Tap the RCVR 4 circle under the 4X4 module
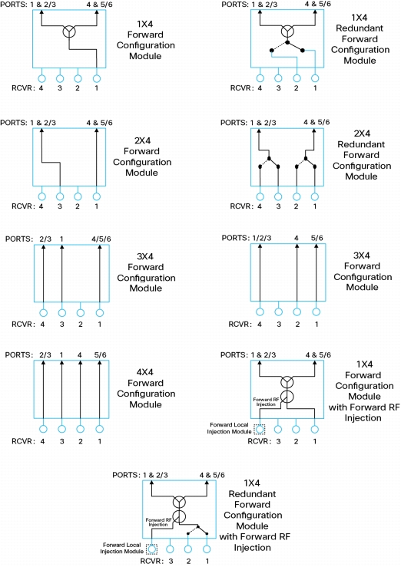(44, 429)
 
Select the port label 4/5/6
(101, 239)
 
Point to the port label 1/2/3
(262, 238)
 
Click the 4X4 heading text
(145, 372)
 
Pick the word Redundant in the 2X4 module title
(361, 144)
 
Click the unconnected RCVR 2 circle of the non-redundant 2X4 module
(78, 196)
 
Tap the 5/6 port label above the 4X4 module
(100, 355)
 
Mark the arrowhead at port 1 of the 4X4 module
(62, 362)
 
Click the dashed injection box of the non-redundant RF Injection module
(260, 429)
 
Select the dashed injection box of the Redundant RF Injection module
(151, 549)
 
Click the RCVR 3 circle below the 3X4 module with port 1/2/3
(279, 312)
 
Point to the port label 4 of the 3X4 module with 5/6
(297, 238)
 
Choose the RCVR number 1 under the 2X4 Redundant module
(315, 206)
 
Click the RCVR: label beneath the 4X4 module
(23, 441)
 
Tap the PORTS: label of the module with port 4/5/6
(19, 239)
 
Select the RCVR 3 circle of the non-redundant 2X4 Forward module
(60, 196)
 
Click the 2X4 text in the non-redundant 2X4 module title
(142, 140)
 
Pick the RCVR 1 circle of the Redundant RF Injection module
(207, 549)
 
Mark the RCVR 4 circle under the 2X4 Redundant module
(260, 196)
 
